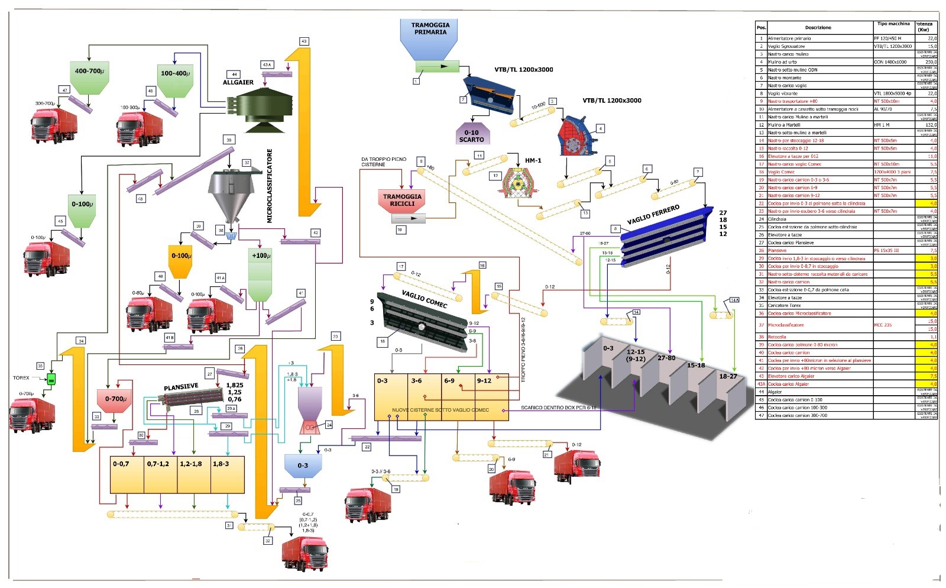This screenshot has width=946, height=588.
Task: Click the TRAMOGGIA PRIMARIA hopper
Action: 430,38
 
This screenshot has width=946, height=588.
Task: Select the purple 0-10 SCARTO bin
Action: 471,134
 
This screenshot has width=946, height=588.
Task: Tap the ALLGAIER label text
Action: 238,82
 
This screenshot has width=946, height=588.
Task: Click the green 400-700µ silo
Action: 89,76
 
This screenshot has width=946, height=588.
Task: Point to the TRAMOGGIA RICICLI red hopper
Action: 402,200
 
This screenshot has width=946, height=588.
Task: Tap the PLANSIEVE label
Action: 181,386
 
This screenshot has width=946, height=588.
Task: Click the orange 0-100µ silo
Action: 181,260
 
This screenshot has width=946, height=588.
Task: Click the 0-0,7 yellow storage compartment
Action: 127,474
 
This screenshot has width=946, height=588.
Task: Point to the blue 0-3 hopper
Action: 303,466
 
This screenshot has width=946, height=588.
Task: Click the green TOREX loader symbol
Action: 51,379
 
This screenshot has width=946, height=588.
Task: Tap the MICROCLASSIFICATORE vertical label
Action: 270,186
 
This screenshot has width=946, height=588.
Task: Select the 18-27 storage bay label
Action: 728,376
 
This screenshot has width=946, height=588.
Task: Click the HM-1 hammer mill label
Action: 533,160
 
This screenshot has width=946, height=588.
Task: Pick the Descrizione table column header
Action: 818,28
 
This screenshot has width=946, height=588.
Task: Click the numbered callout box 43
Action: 304,41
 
